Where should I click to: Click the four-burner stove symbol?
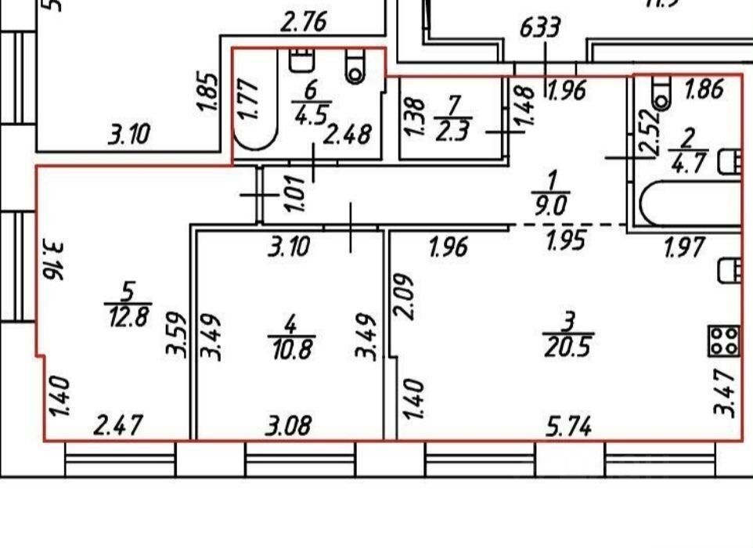[x=724, y=341]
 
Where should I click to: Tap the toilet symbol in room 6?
[x=356, y=69]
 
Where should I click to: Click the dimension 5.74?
[x=568, y=427]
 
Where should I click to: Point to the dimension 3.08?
[x=289, y=427]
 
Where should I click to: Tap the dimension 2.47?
[x=117, y=427]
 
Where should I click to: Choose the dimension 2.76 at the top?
[x=303, y=23]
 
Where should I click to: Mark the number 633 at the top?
[x=541, y=29]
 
